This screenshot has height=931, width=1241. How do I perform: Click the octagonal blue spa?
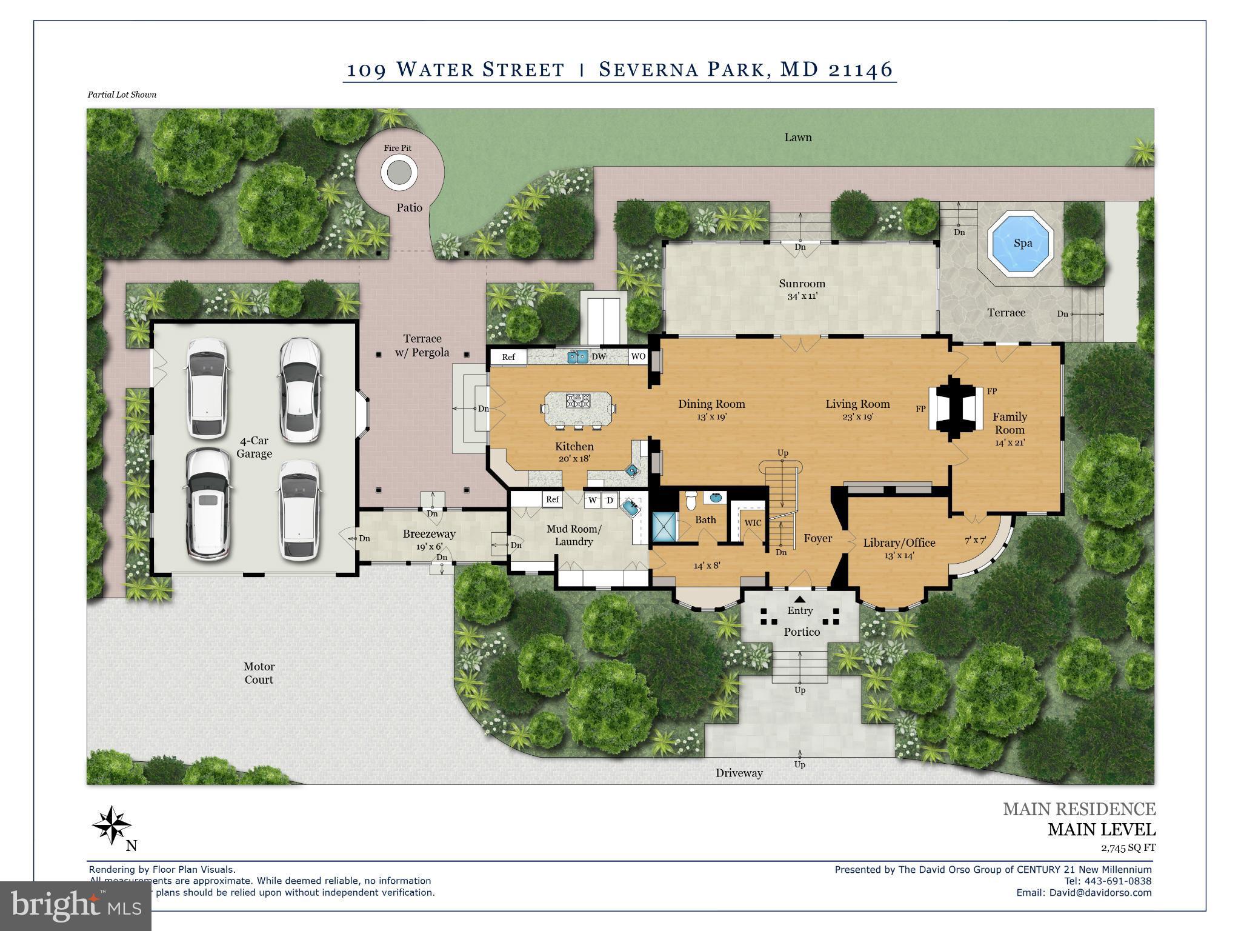click(x=1022, y=244)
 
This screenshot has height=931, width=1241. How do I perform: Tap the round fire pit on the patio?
click(x=399, y=173)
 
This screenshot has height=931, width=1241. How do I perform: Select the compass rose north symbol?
click(x=111, y=825)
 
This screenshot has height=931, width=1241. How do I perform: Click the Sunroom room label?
click(x=802, y=284)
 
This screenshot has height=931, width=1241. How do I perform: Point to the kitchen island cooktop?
click(x=577, y=401)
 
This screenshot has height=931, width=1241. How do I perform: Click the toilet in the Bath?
click(x=690, y=501)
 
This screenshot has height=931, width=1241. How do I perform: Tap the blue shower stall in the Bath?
click(x=664, y=526)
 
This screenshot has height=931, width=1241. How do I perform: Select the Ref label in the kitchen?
click(x=508, y=357)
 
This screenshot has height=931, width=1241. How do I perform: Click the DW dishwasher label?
click(x=599, y=356)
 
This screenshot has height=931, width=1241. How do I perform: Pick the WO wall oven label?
click(x=638, y=356)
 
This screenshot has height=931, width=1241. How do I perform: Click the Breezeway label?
click(x=429, y=534)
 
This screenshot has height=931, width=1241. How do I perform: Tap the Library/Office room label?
click(x=899, y=543)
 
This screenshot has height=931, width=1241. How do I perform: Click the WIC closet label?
click(x=753, y=523)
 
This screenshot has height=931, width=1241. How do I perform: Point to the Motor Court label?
click(x=259, y=673)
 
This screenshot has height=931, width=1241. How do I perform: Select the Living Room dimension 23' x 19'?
click(x=857, y=417)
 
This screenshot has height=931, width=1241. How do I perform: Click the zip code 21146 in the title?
click(x=860, y=70)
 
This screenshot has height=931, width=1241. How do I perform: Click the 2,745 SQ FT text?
click(x=1128, y=848)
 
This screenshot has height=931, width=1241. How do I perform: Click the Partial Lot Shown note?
click(x=122, y=95)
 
